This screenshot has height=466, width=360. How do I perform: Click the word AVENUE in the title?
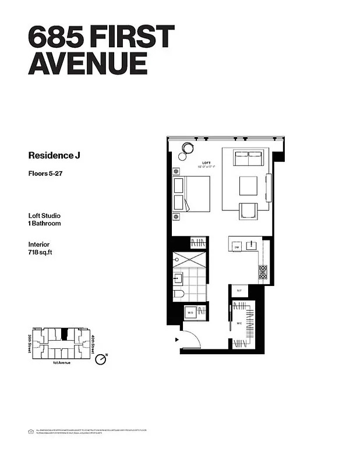click(x=87, y=63)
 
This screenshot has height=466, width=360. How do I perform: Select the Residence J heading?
click(x=53, y=156)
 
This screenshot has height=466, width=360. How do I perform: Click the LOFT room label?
click(x=206, y=163)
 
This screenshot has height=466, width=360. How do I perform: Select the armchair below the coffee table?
click(x=248, y=210)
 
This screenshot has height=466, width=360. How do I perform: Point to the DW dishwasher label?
click(x=237, y=248)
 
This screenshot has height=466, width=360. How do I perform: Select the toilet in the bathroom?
click(x=180, y=293)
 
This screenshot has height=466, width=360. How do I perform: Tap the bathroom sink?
click(x=177, y=278)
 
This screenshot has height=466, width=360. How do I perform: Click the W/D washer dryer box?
click(x=190, y=313)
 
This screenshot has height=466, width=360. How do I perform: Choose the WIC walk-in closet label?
click(x=239, y=323)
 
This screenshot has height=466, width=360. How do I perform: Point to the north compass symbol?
click(x=102, y=359)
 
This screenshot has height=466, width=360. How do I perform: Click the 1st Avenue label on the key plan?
click(x=62, y=363)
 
